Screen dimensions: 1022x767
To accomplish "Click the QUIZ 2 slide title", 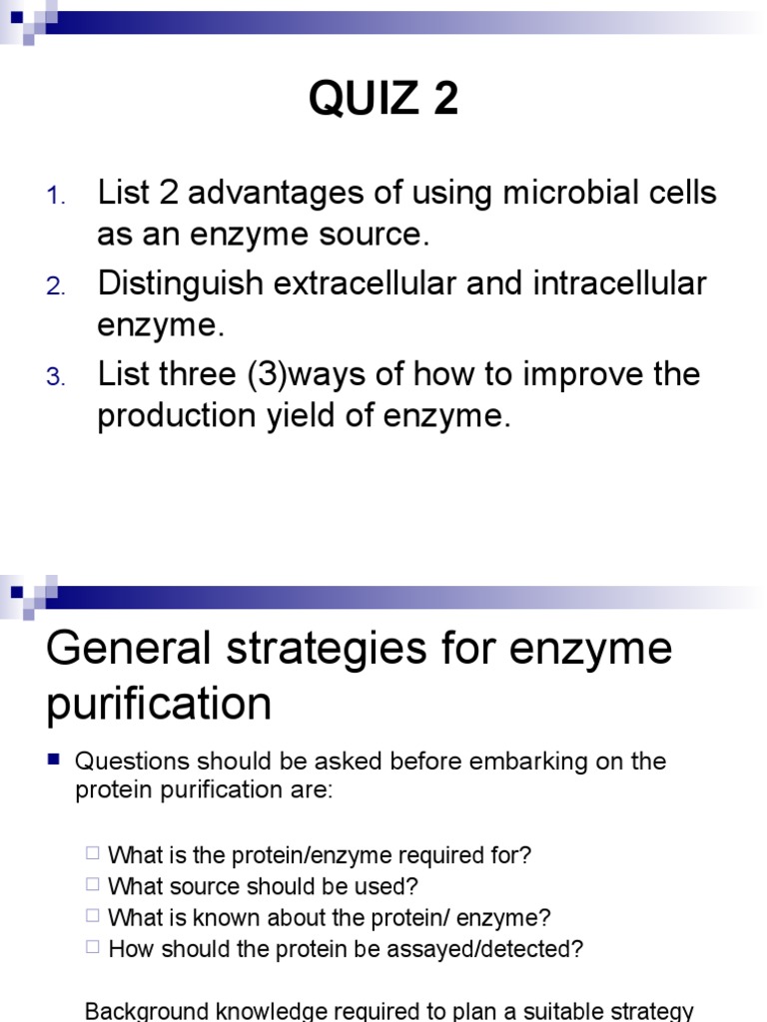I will click(x=383, y=98).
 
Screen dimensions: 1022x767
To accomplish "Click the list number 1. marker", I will click(x=56, y=197).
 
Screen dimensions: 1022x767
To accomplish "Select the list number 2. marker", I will click(x=56, y=287).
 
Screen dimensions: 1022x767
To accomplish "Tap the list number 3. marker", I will click(x=56, y=378).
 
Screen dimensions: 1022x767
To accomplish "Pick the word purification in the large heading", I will click(x=159, y=705).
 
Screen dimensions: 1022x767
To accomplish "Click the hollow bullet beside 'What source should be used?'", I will click(x=93, y=884).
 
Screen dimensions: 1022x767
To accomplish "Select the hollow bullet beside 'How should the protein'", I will click(x=93, y=946).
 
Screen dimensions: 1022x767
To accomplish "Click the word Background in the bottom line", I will click(x=144, y=1011).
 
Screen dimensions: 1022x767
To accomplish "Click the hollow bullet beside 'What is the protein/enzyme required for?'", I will click(x=93, y=853).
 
